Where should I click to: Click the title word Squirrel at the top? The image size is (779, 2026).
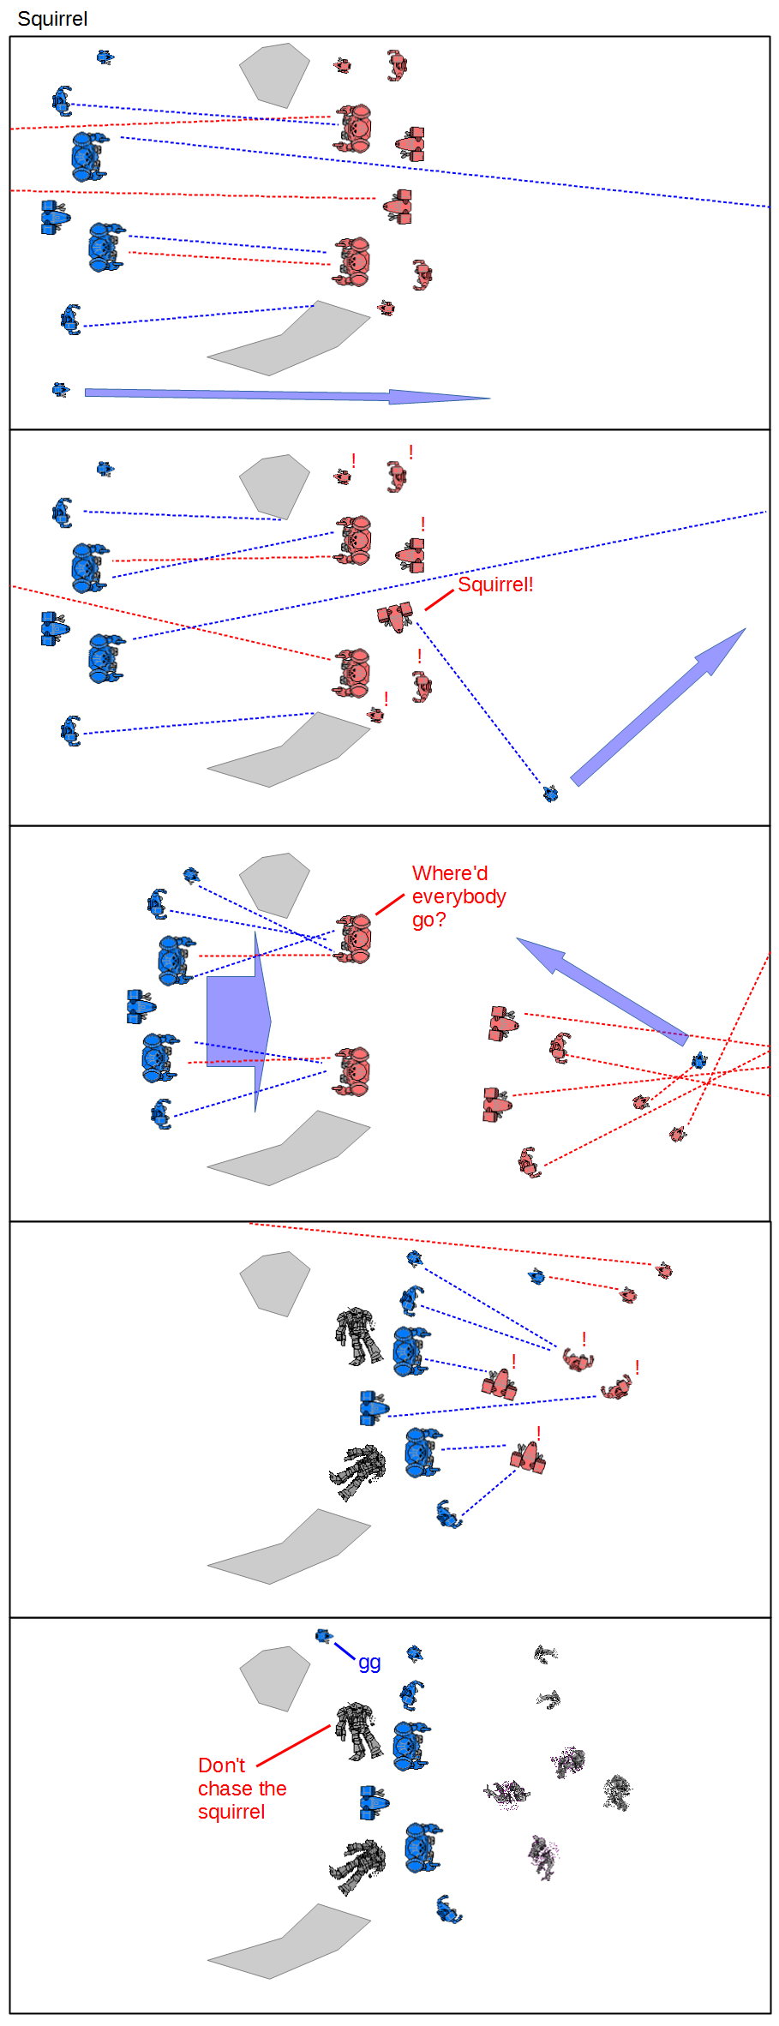pyautogui.click(x=52, y=19)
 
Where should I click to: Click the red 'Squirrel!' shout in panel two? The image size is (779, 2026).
pyautogui.click(x=495, y=584)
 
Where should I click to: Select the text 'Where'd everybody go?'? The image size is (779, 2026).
pyautogui.click(x=458, y=896)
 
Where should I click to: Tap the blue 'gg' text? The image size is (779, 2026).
pyautogui.click(x=369, y=1662)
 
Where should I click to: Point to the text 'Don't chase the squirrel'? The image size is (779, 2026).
pyautogui.click(x=242, y=1789)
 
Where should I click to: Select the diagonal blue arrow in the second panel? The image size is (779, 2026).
pyautogui.click(x=658, y=706)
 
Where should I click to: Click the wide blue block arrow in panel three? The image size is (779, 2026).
pyautogui.click(x=239, y=1021)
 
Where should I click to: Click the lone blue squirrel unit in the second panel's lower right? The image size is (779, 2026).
pyautogui.click(x=551, y=794)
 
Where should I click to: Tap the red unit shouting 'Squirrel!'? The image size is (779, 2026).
pyautogui.click(x=395, y=615)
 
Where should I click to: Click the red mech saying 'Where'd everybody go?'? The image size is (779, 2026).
pyautogui.click(x=354, y=938)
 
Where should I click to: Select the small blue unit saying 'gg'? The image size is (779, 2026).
pyautogui.click(x=324, y=1636)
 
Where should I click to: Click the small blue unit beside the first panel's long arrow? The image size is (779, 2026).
pyautogui.click(x=60, y=390)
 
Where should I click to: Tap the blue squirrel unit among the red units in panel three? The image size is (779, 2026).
pyautogui.click(x=699, y=1061)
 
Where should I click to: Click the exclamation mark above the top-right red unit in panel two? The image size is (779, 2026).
pyautogui.click(x=411, y=452)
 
